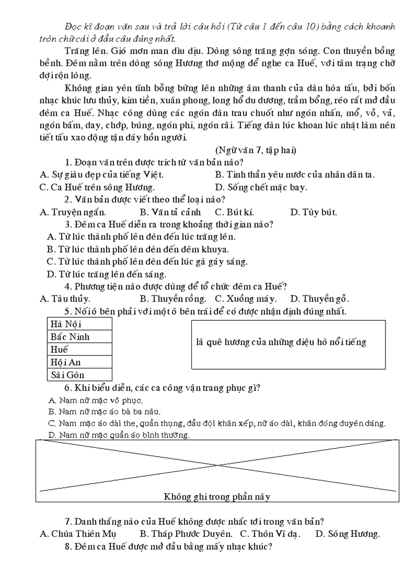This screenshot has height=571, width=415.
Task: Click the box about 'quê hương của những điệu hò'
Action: point(288,344)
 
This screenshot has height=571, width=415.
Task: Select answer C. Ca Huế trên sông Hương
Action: point(90,187)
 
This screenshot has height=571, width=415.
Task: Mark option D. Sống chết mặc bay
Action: point(261,187)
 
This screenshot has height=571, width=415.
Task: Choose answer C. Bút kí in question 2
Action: point(234,212)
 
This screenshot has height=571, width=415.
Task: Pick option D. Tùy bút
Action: point(313,212)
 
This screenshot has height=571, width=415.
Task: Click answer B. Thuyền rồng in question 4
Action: point(173,299)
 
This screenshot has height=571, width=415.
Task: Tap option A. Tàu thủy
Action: point(65,299)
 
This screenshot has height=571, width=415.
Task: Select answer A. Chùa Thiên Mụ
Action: point(78,534)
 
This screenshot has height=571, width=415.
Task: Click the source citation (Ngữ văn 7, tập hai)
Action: point(256,150)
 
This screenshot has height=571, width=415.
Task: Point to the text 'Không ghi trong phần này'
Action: point(217,497)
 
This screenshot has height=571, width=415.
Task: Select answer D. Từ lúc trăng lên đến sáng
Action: point(106,274)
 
